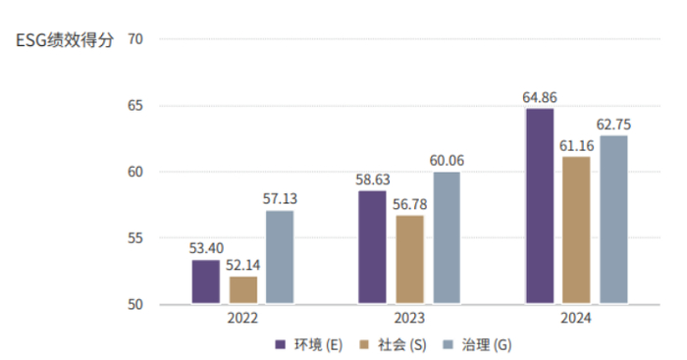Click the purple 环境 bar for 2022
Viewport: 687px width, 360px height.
coord(206,283)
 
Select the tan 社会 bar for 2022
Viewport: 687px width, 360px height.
coord(242,290)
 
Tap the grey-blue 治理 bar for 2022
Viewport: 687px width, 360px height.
coord(279,257)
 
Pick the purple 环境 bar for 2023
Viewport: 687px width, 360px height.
coord(372,247)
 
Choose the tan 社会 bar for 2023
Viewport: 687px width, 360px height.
coord(409,260)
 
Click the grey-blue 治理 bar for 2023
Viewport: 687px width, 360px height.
coord(446,238)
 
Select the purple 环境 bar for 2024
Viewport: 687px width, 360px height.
coord(539,206)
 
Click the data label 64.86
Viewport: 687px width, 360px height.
coord(539,97)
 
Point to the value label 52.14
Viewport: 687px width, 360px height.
coord(242,266)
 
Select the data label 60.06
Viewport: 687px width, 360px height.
coord(447,161)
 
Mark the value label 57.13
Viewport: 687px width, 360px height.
coord(280,199)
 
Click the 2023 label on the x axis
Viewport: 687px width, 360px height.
coord(409,320)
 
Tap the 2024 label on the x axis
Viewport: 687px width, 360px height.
coord(576,320)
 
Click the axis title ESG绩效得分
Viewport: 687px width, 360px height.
coord(65,40)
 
